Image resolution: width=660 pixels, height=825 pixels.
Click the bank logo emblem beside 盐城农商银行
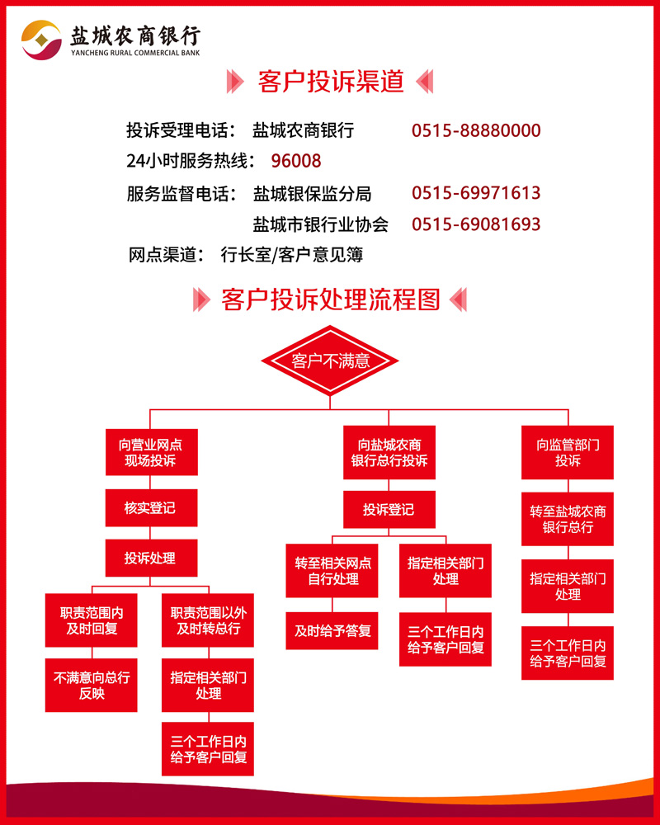click(x=41, y=40)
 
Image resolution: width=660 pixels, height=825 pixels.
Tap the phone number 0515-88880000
click(x=476, y=130)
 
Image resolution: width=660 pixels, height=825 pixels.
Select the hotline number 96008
click(x=296, y=161)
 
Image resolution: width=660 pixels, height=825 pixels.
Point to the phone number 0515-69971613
click(x=476, y=193)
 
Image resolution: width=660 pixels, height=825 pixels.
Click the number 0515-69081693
click(x=476, y=224)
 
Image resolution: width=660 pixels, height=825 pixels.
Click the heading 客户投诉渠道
click(x=331, y=82)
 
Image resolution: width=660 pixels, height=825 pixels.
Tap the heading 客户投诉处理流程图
click(x=331, y=300)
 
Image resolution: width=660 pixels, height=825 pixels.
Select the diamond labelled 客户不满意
click(x=330, y=361)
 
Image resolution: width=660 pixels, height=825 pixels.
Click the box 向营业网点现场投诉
click(x=152, y=452)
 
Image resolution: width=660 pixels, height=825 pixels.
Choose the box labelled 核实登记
click(x=152, y=507)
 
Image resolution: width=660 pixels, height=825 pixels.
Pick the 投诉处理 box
click(x=152, y=558)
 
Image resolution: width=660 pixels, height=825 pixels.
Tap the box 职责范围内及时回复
click(x=91, y=620)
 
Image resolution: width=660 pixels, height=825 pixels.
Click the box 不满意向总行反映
click(x=91, y=685)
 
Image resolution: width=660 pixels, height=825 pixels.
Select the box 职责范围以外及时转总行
click(x=208, y=620)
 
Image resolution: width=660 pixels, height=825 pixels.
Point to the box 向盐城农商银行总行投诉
click(x=389, y=452)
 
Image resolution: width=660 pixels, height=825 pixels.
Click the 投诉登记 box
click(x=389, y=509)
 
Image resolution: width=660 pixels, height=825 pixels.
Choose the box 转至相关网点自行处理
click(x=332, y=571)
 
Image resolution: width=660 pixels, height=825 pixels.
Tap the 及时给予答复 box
click(x=332, y=631)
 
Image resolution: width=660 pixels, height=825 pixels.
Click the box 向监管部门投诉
click(x=568, y=452)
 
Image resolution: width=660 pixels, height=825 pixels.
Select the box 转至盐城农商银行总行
click(x=568, y=519)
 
